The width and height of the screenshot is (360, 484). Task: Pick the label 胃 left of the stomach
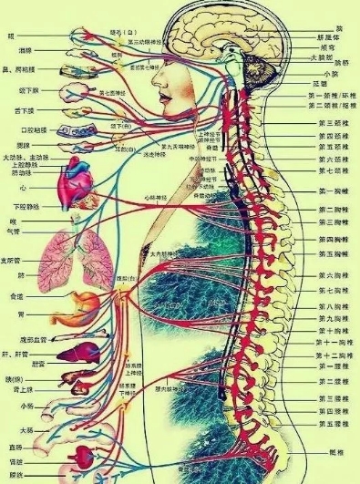12,316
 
